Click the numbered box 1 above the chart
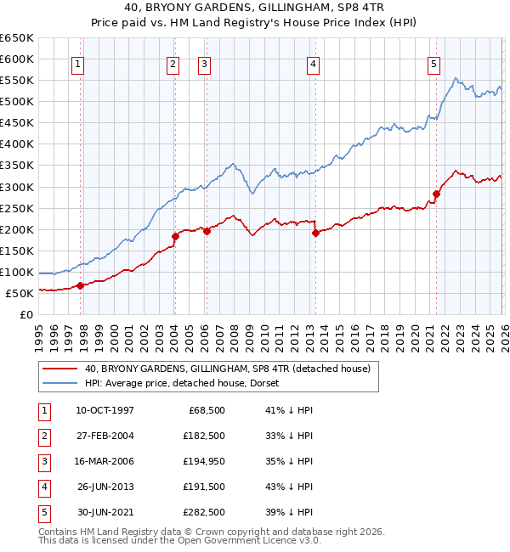click(x=77, y=63)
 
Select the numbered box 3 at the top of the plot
click(x=205, y=63)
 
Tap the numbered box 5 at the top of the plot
click(x=433, y=63)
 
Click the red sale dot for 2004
click(x=175, y=236)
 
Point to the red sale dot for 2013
click(x=315, y=233)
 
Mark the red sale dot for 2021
click(x=436, y=194)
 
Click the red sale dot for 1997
click(x=81, y=285)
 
